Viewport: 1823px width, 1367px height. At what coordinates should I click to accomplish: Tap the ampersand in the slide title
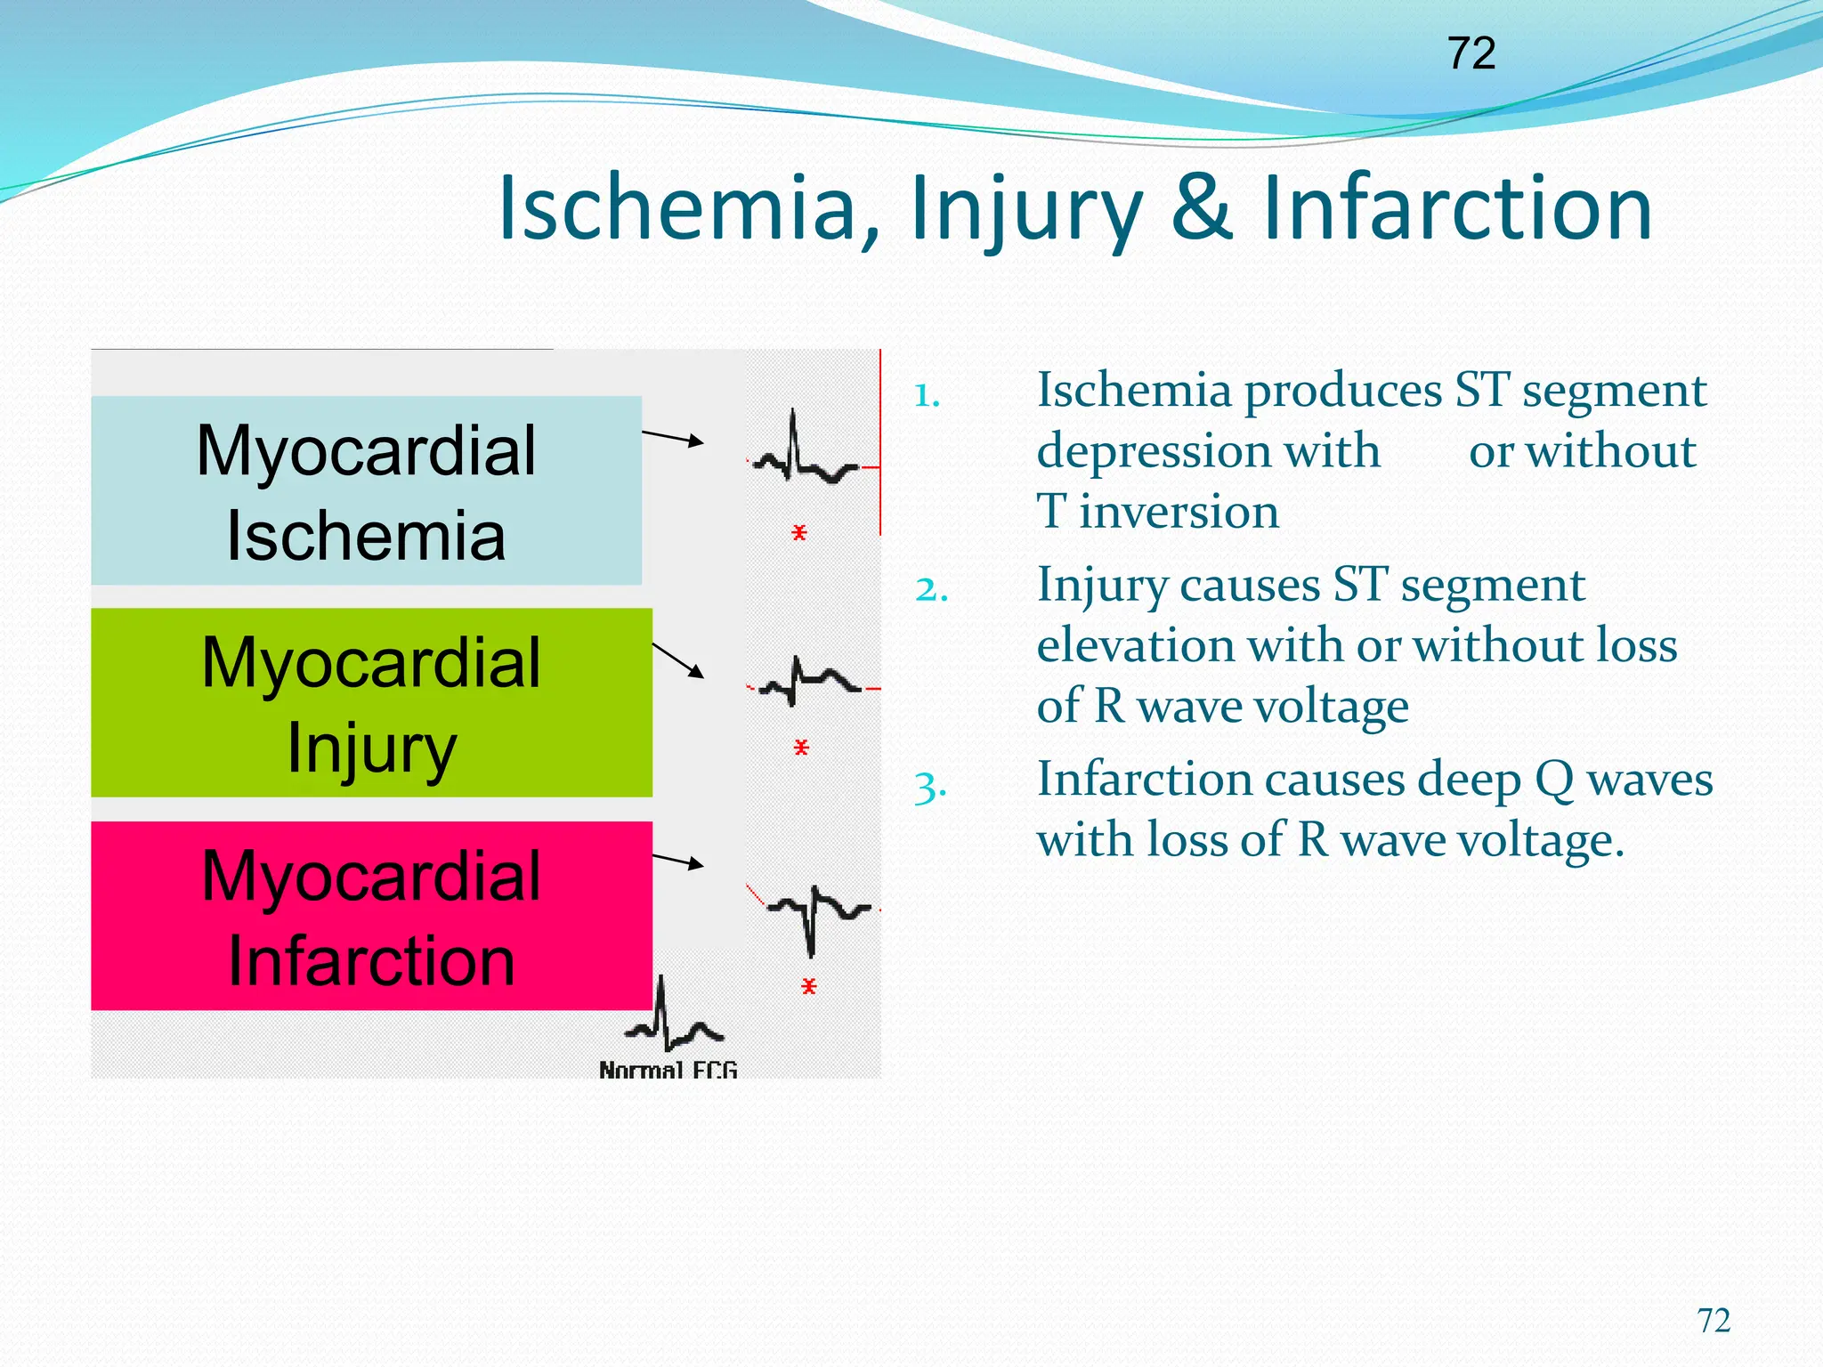coord(1202,208)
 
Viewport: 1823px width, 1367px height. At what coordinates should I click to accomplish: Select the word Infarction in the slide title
coord(1458,208)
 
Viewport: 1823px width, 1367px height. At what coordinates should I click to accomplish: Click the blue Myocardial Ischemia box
coord(366,490)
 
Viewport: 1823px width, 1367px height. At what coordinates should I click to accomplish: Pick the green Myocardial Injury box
coord(371,703)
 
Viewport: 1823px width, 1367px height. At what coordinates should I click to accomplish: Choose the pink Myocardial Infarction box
coord(371,916)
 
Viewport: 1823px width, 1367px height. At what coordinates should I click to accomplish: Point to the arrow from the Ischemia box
coord(673,437)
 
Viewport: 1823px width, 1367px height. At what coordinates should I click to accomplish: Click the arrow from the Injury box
coord(678,659)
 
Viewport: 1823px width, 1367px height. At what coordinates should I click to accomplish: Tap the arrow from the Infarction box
coord(678,861)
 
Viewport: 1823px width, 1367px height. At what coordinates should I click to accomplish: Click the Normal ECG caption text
coord(668,1069)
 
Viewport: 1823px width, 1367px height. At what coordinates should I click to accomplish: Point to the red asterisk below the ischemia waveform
coord(799,533)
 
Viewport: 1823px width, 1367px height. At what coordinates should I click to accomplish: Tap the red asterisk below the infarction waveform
coord(808,986)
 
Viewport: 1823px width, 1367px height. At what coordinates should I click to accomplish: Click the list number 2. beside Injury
coord(931,590)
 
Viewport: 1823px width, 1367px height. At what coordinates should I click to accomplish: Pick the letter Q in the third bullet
coord(1553,781)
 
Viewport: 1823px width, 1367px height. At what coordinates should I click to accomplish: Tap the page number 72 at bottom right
coord(1714,1321)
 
